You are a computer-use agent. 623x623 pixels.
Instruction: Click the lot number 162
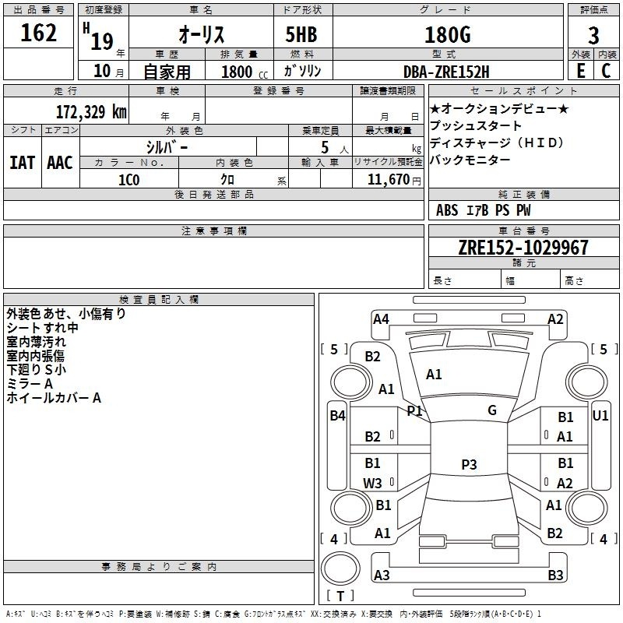point(38,33)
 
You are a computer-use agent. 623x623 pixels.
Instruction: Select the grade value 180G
point(448,35)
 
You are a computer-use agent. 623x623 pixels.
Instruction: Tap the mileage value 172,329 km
point(91,112)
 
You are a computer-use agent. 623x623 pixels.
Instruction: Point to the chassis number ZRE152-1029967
point(523,248)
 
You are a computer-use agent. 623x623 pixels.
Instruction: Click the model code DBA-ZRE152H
point(446,72)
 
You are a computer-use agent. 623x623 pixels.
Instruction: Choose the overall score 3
point(593,36)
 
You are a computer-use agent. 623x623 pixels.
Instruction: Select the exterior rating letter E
point(580,71)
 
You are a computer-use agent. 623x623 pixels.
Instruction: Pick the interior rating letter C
point(606,71)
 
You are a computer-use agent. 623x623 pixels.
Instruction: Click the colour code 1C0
point(129,180)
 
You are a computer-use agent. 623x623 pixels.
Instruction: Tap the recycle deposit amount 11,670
point(388,180)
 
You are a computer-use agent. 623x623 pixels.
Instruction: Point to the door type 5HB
point(301,34)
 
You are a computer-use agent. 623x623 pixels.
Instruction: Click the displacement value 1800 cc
point(245,72)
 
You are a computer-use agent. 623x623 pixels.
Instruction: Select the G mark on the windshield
point(492,410)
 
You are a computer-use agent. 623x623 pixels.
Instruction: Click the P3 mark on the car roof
point(469,464)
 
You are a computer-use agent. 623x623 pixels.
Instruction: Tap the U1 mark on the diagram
point(600,416)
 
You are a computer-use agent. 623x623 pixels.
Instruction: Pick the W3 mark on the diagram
point(372,483)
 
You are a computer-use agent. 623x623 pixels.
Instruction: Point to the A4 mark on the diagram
point(381,319)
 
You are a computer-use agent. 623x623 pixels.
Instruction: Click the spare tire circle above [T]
point(340,568)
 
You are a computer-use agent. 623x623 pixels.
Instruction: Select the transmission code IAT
point(23,163)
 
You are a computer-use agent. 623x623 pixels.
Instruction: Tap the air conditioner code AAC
point(60,163)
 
